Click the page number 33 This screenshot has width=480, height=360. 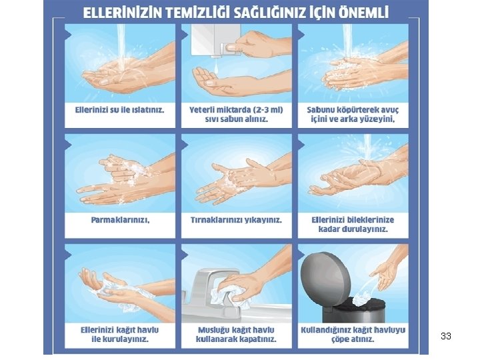(446, 336)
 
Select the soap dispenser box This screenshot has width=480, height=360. (215, 40)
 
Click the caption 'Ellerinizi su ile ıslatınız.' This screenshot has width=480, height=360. (120, 109)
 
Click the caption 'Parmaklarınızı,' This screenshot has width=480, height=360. (120, 220)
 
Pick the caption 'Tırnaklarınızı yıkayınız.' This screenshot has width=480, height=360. (236, 220)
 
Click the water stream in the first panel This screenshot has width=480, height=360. (121, 46)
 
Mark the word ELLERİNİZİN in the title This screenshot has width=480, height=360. (123, 13)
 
